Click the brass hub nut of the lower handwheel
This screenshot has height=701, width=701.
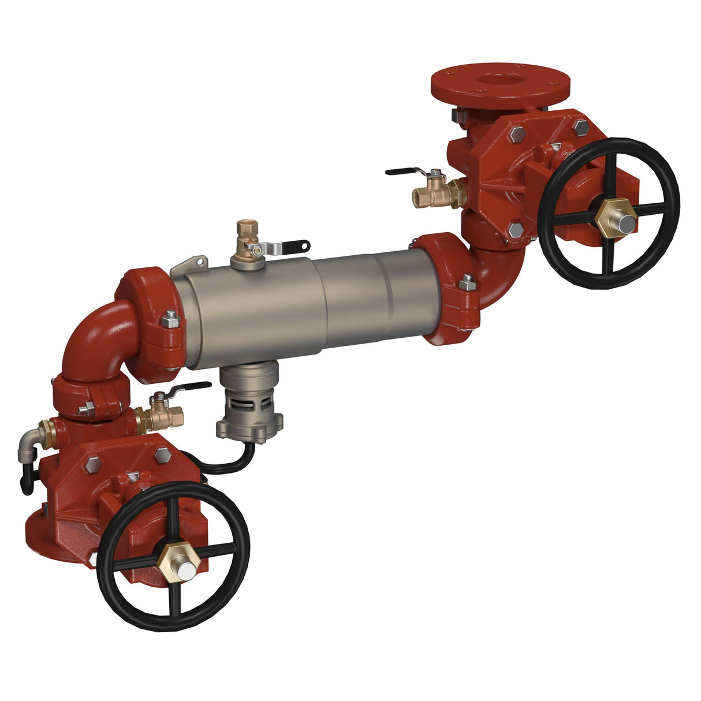[178, 558]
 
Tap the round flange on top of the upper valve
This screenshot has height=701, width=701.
[500, 87]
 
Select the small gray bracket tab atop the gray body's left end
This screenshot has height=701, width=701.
[191, 264]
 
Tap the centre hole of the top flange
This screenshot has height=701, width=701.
[500, 80]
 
